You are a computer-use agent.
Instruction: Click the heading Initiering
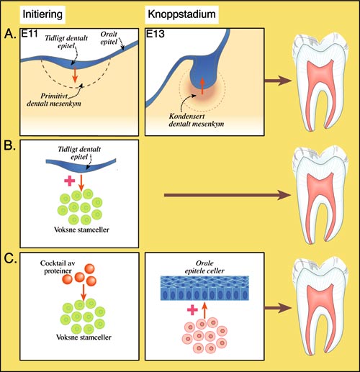point(42,14)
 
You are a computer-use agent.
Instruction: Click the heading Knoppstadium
point(181,14)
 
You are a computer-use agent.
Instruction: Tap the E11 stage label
point(30,34)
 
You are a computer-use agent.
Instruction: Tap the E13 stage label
point(156,34)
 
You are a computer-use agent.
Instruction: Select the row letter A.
point(10,34)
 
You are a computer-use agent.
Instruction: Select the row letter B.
point(10,146)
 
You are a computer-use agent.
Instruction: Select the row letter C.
point(10,258)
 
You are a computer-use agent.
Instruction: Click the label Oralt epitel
point(109,38)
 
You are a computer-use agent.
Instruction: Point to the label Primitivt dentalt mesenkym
point(54,100)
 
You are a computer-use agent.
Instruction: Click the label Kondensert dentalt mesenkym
point(197,120)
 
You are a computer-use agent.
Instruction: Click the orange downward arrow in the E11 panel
point(76,74)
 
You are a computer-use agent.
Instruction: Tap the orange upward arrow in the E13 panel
point(202,86)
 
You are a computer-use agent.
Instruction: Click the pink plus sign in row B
point(70,181)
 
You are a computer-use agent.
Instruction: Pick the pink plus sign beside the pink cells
point(192,309)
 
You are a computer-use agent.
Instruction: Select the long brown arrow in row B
point(228,195)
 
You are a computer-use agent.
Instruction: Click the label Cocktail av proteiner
point(58,267)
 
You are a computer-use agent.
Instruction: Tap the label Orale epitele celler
point(204,267)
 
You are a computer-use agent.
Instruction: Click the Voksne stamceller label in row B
point(81,230)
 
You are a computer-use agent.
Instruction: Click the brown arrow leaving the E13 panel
point(278,81)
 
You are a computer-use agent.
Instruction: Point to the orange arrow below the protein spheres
point(84,292)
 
